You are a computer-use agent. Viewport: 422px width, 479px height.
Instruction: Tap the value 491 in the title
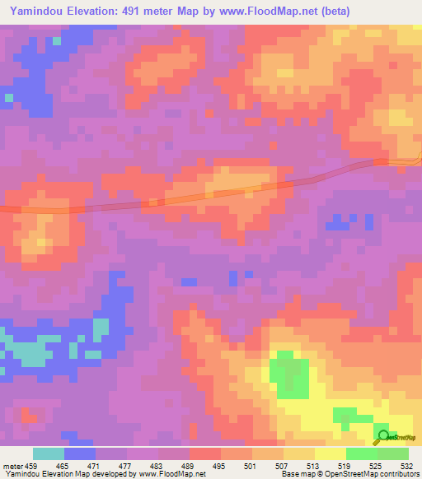(136, 12)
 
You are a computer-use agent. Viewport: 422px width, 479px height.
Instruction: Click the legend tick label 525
(376, 466)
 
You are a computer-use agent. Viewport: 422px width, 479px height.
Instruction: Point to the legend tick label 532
(405, 466)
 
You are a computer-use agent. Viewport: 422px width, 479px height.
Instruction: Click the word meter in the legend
(13, 466)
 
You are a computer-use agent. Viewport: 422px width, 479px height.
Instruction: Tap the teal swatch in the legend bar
(49, 453)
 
